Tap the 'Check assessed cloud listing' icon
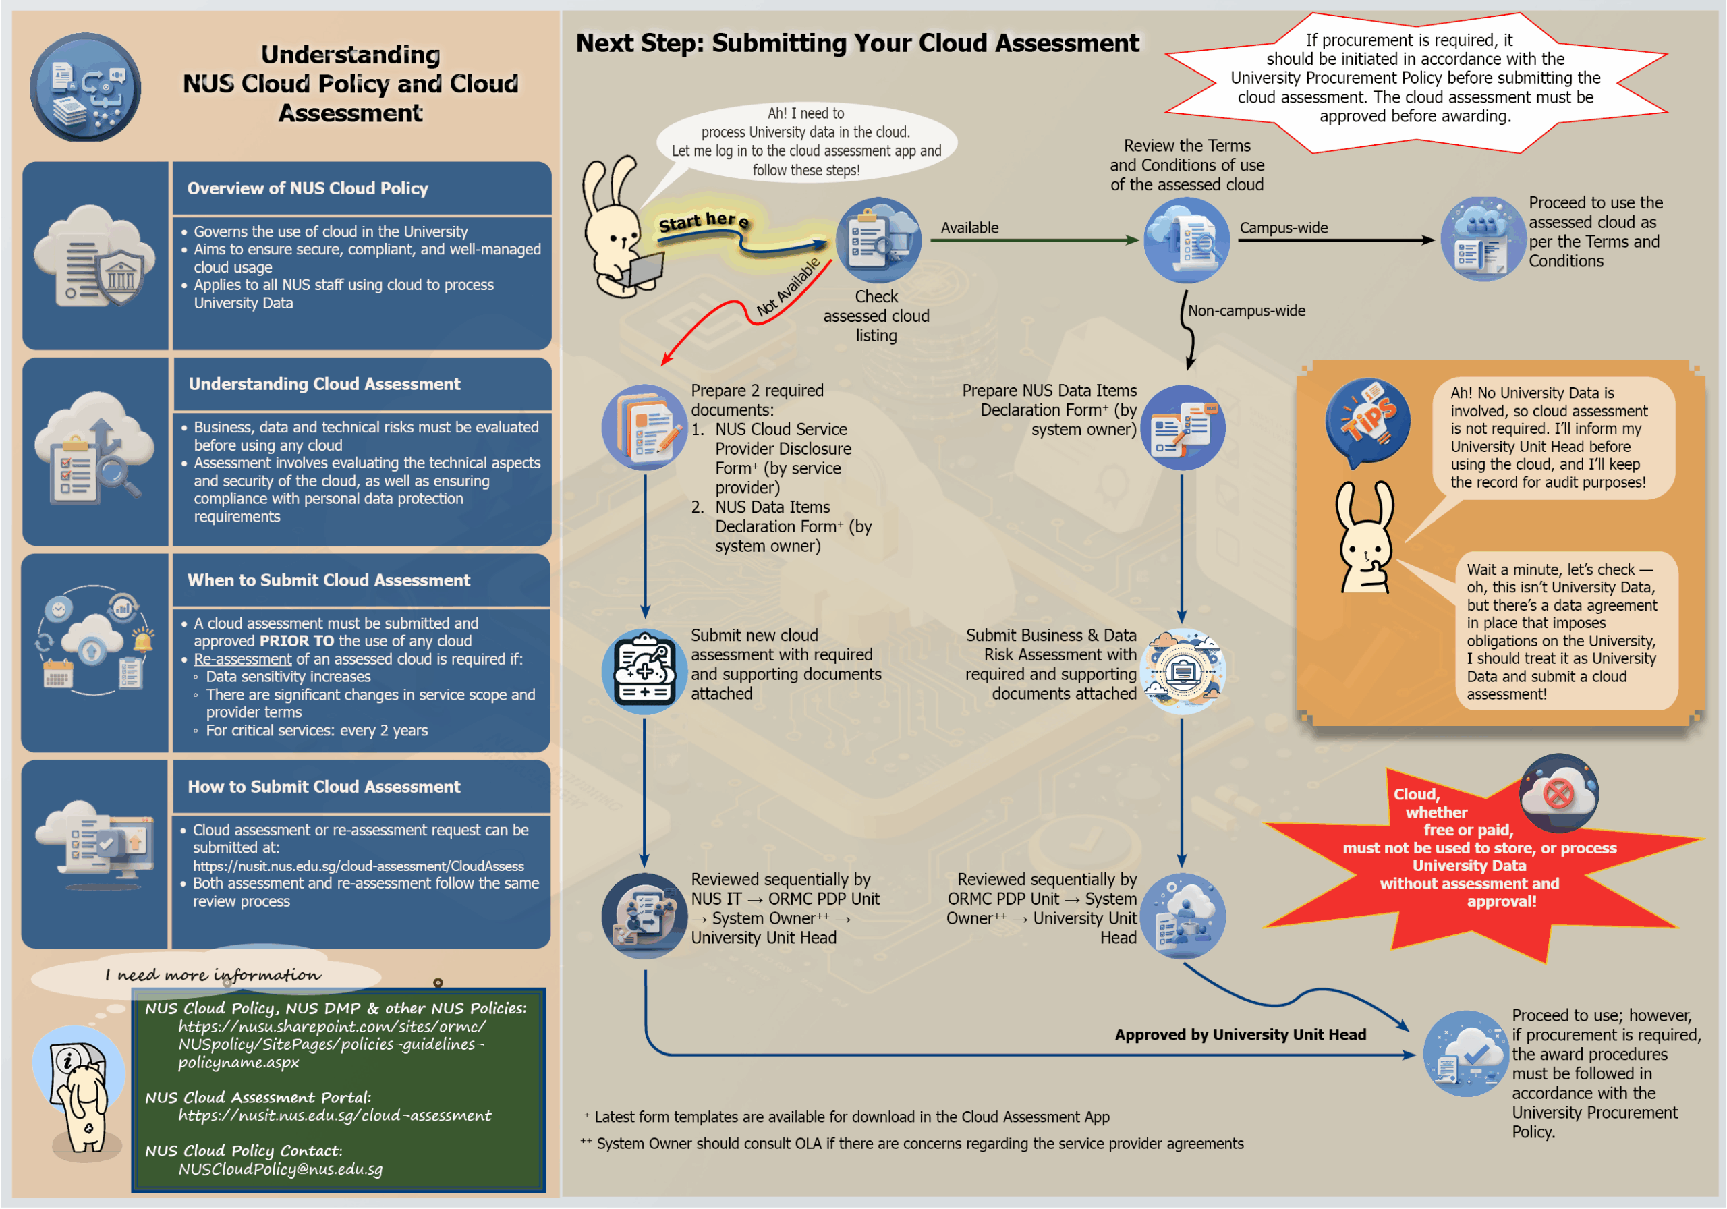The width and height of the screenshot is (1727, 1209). tap(878, 241)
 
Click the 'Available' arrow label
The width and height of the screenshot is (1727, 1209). tap(969, 228)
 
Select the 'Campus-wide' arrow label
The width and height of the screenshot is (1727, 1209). tap(1283, 228)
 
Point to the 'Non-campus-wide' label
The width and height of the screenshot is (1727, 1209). tap(1247, 311)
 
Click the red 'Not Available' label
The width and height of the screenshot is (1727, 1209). tap(789, 287)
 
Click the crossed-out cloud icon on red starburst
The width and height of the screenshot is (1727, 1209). tap(1558, 793)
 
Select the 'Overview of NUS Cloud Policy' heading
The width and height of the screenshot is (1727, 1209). tap(308, 188)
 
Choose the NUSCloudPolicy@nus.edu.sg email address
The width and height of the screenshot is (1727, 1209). tap(281, 1169)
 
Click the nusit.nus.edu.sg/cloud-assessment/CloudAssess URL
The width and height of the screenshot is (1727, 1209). tap(358, 866)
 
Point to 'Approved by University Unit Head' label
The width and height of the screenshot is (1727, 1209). tap(1239, 1035)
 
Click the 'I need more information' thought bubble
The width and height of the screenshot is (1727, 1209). tap(213, 975)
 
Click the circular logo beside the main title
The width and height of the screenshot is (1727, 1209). tap(85, 86)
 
